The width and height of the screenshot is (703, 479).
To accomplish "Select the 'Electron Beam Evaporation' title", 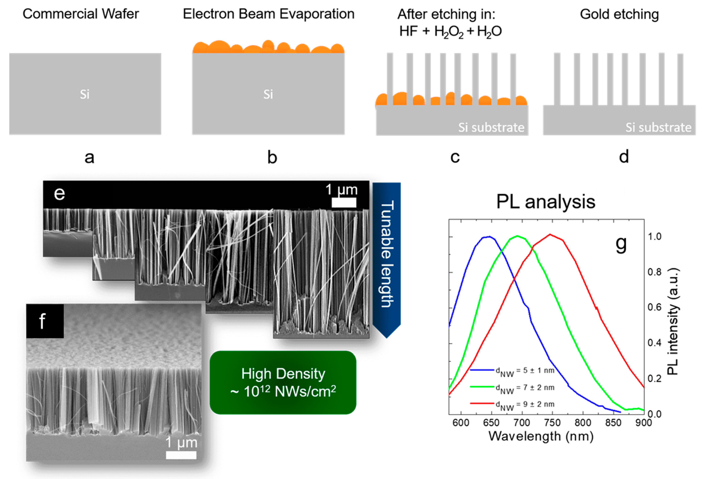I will pyautogui.click(x=268, y=14).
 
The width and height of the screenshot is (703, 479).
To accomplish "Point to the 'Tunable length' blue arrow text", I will pyautogui.click(x=387, y=254).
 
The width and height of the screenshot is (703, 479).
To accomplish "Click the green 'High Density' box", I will pyautogui.click(x=283, y=383).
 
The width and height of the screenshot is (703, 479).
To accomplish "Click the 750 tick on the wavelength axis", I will pyautogui.click(x=552, y=423).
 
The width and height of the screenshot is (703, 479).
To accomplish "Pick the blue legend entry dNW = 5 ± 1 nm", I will pyautogui.click(x=525, y=371).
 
